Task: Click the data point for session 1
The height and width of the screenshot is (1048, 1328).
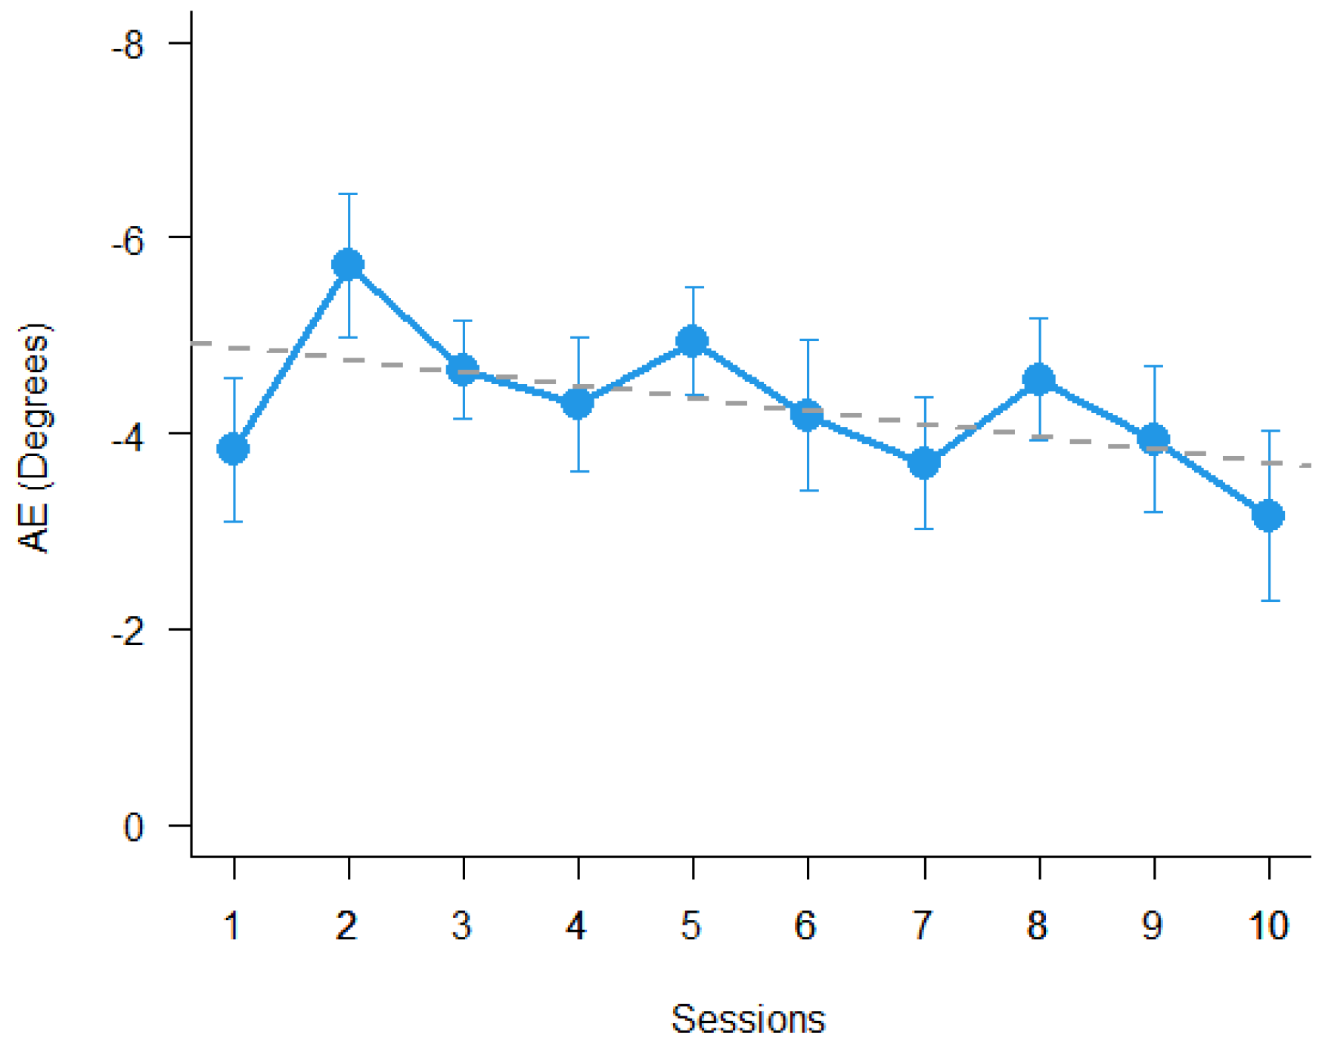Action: pyautogui.click(x=233, y=449)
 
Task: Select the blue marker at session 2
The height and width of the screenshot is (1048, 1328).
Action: pyautogui.click(x=348, y=265)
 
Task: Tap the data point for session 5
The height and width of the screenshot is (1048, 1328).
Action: pyautogui.click(x=693, y=341)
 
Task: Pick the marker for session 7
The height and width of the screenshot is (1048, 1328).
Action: pyautogui.click(x=924, y=463)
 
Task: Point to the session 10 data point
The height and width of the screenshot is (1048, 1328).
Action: pyautogui.click(x=1268, y=516)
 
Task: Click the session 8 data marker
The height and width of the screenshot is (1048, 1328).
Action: pyautogui.click(x=1039, y=380)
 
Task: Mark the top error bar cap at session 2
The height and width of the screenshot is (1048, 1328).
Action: pyautogui.click(x=348, y=194)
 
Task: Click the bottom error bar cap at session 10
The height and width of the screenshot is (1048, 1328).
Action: pyautogui.click(x=1270, y=601)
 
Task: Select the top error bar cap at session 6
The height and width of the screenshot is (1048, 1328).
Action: pyautogui.click(x=808, y=340)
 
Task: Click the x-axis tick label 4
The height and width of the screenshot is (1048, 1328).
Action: pyautogui.click(x=577, y=926)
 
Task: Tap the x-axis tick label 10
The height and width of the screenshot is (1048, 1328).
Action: pyautogui.click(x=1268, y=926)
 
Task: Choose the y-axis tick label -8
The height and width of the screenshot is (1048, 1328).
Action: pyautogui.click(x=128, y=45)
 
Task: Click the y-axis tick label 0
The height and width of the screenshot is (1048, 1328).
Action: pyautogui.click(x=134, y=827)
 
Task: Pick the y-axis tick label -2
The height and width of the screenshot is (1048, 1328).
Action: pyautogui.click(x=128, y=632)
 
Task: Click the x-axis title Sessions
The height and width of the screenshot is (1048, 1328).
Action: pyautogui.click(x=748, y=1020)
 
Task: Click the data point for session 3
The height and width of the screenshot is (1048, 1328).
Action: pyautogui.click(x=463, y=371)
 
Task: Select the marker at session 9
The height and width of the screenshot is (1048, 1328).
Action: pyautogui.click(x=1153, y=439)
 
